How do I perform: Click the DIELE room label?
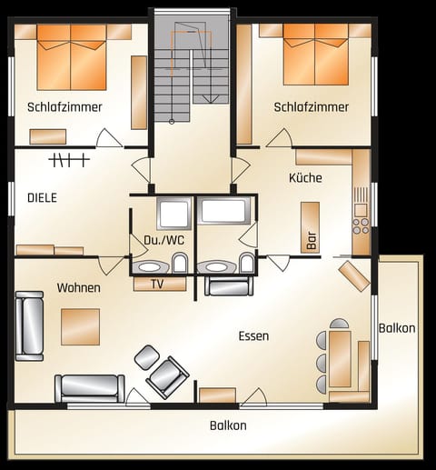(x=42, y=196)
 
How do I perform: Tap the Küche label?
(x=305, y=178)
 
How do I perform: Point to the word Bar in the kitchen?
(x=312, y=241)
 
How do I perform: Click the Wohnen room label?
(x=78, y=288)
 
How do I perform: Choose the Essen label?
(x=253, y=336)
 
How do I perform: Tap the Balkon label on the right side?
(x=398, y=327)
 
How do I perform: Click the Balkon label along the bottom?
(x=228, y=425)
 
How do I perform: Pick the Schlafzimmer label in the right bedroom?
(x=312, y=107)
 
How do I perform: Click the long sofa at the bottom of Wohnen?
(x=90, y=388)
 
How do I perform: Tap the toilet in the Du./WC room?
(x=181, y=264)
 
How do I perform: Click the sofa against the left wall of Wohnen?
(x=29, y=325)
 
